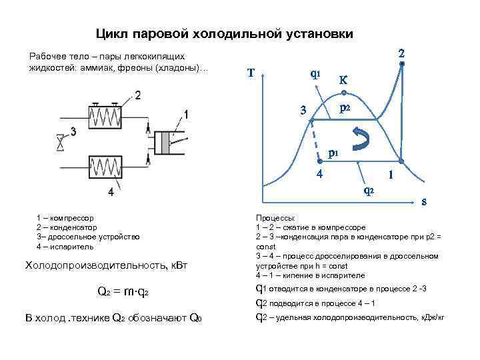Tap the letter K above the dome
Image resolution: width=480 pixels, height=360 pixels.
click(343, 79)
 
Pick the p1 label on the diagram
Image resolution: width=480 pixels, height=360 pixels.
click(333, 153)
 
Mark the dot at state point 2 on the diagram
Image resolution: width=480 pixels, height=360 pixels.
click(402, 64)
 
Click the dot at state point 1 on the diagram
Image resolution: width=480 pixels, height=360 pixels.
click(401, 161)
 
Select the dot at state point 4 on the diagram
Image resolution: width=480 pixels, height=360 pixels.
click(319, 161)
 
